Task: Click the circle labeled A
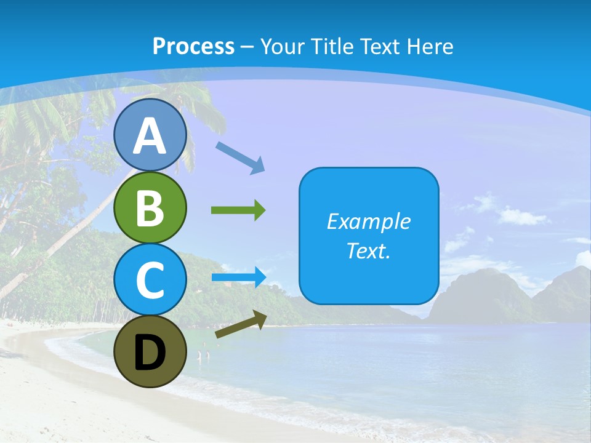[150, 135]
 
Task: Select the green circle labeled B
[150, 207]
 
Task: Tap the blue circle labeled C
[150, 279]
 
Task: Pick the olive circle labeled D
[150, 351]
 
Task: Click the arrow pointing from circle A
[240, 157]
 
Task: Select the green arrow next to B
[238, 210]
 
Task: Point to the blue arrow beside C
[239, 277]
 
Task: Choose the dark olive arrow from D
[241, 324]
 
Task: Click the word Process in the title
[193, 46]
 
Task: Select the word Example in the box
[368, 221]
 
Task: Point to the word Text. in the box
[368, 251]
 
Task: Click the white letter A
[150, 136]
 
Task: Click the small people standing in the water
[204, 355]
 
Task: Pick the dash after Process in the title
[247, 47]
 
